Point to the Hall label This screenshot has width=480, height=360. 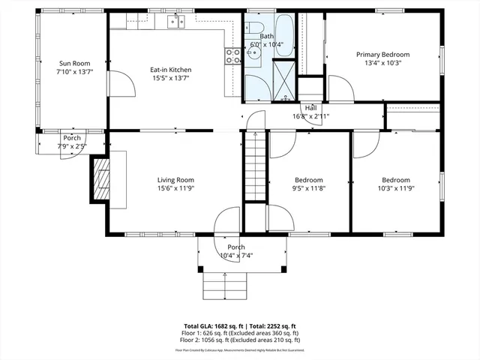310,108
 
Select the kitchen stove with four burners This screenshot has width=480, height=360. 232,54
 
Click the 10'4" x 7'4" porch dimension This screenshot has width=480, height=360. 236,256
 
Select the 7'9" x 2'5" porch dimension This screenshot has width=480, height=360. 72,147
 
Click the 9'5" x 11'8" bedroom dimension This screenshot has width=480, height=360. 308,189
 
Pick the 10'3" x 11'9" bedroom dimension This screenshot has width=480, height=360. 395,189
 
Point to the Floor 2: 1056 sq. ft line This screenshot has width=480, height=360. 241,340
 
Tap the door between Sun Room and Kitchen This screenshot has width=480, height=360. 120,83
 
